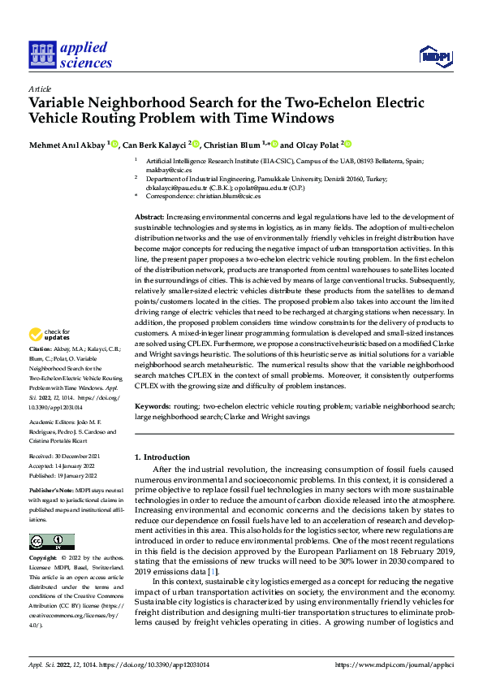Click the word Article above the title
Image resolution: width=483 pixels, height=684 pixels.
(x=40, y=89)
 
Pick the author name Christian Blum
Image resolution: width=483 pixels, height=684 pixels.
(x=231, y=145)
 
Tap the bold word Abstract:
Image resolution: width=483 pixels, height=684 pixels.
(x=149, y=218)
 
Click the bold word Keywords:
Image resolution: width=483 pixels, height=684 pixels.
(x=152, y=405)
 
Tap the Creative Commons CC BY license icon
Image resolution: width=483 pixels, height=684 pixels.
(x=51, y=541)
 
